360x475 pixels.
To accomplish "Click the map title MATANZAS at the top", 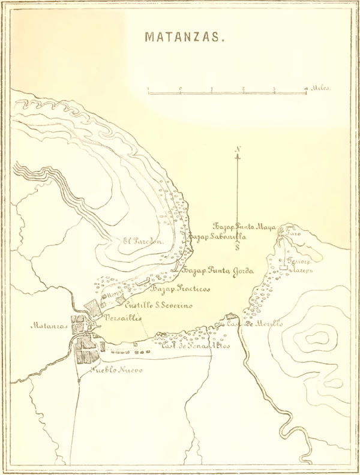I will click(x=184, y=37).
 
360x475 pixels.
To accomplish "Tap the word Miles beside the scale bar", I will click(x=320, y=88).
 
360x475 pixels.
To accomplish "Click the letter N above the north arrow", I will click(x=238, y=149).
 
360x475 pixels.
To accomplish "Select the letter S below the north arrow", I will click(x=238, y=246).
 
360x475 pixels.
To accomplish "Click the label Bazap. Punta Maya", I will click(x=243, y=226).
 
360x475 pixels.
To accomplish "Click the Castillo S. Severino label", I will click(x=158, y=306).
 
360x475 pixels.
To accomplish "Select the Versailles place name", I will click(x=122, y=318).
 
